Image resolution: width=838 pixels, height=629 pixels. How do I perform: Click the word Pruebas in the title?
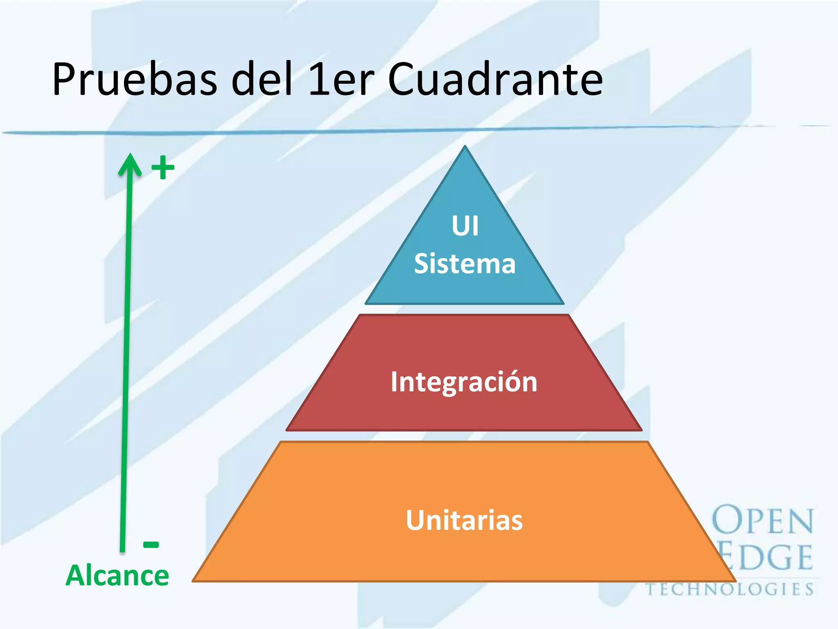click(x=135, y=80)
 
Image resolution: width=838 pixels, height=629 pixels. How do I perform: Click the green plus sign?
click(x=163, y=167)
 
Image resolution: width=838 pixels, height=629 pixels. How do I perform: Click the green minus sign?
click(x=151, y=544)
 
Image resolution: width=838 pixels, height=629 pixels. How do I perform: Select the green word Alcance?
click(x=117, y=575)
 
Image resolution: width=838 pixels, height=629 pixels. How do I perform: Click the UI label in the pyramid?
click(x=465, y=226)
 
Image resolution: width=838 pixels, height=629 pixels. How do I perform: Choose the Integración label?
click(x=464, y=382)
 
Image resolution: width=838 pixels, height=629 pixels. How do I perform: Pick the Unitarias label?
click(x=464, y=520)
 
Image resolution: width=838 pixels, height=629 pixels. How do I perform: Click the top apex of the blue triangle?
click(x=465, y=147)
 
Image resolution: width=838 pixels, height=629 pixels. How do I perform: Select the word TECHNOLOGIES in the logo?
click(x=730, y=589)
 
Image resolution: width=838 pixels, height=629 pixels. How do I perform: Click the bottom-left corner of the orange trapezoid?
click(x=194, y=580)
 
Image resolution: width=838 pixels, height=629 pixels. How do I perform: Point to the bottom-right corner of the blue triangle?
click(x=563, y=303)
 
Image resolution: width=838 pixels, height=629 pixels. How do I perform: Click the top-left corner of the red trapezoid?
click(x=360, y=315)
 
